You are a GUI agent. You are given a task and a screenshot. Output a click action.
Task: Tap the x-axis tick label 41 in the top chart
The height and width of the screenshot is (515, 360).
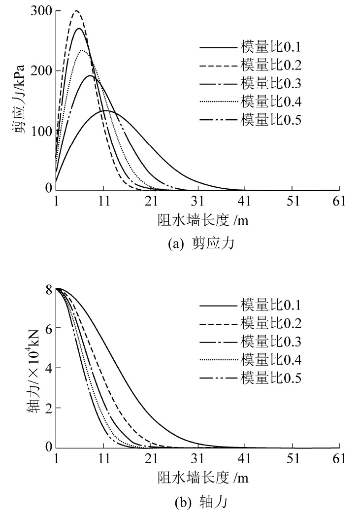click(245, 201)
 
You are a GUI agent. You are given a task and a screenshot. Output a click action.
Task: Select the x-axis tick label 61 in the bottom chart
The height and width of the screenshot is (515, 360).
click(339, 458)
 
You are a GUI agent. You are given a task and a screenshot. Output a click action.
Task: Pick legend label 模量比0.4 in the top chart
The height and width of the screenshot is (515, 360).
click(270, 102)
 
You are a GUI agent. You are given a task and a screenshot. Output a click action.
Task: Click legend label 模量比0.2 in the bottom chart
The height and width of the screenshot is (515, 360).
click(270, 323)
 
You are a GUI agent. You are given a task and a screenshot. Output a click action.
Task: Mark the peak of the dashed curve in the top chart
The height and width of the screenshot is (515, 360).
click(76, 10)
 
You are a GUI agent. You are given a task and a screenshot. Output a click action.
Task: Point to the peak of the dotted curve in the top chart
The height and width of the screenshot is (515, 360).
click(83, 50)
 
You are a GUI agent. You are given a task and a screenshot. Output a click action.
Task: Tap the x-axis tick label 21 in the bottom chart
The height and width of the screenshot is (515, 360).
click(150, 458)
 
